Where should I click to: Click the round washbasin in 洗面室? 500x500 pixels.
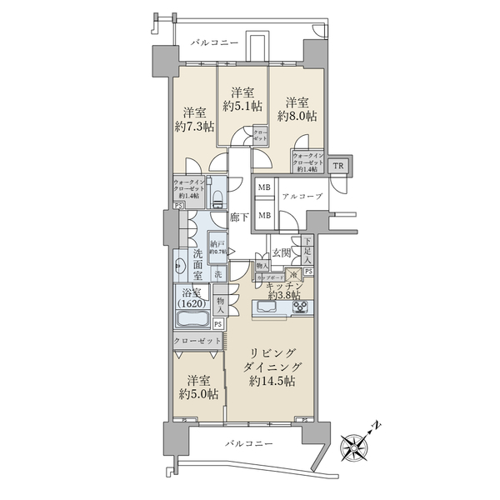181,267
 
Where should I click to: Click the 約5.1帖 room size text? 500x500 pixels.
242,106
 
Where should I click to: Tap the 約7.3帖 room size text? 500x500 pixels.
194,126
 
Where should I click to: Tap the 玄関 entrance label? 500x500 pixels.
280,252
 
